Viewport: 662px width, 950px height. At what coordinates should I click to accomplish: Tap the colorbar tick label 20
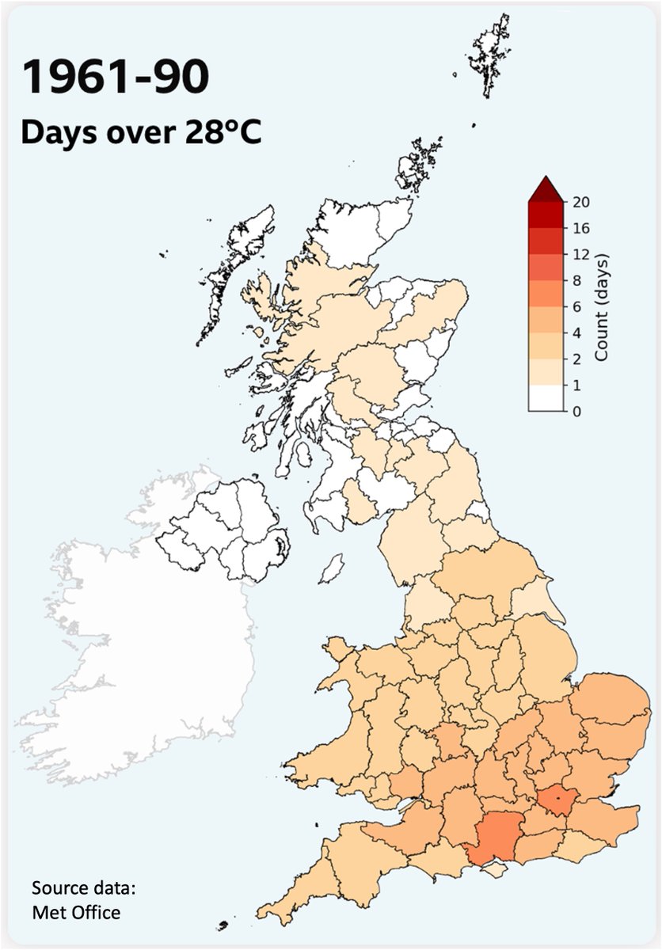(x=580, y=202)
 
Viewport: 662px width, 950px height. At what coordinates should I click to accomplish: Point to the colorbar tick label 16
(x=580, y=228)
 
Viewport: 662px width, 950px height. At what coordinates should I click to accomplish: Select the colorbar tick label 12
(x=580, y=254)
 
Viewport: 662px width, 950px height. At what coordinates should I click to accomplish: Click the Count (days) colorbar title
(x=601, y=306)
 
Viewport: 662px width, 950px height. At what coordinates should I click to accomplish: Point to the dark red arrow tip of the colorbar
(x=546, y=189)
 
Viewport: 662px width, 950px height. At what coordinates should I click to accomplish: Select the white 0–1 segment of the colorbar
(x=546, y=398)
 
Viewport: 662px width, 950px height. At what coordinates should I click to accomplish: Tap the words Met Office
(x=76, y=912)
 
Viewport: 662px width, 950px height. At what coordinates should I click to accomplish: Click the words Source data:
(x=84, y=887)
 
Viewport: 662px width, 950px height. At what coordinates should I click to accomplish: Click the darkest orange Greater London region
(x=559, y=802)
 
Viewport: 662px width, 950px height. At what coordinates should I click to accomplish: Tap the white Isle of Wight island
(x=496, y=870)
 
